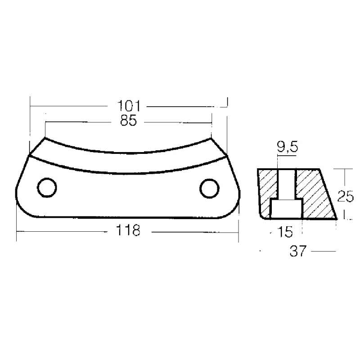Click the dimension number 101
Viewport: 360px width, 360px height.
(129, 106)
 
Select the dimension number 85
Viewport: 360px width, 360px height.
(128, 121)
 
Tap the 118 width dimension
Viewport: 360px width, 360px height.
(129, 231)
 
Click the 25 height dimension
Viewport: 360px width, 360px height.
(345, 196)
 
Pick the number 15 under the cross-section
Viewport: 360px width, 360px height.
(285, 232)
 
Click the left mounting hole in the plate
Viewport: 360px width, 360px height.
(46, 188)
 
